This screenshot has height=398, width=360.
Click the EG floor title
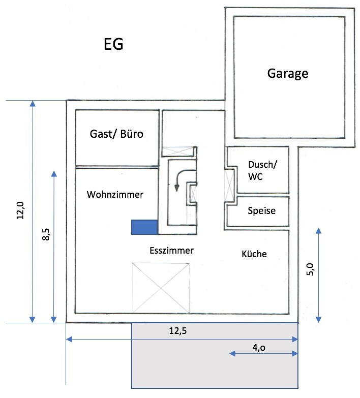click(114, 44)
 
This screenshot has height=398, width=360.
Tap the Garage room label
click(288, 73)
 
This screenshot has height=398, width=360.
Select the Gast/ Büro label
click(116, 134)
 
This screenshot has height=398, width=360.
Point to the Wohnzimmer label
click(115, 195)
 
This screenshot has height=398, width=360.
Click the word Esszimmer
click(172, 250)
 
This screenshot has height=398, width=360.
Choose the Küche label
click(254, 254)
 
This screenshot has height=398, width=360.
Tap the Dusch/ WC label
click(261, 170)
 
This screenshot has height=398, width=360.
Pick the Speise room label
click(261, 210)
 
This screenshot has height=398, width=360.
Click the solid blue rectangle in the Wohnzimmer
click(144, 227)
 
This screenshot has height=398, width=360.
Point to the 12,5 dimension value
click(177, 331)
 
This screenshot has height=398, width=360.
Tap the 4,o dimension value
click(258, 348)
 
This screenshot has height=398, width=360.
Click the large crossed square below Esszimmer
click(161, 287)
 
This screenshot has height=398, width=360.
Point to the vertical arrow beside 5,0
click(318, 274)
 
